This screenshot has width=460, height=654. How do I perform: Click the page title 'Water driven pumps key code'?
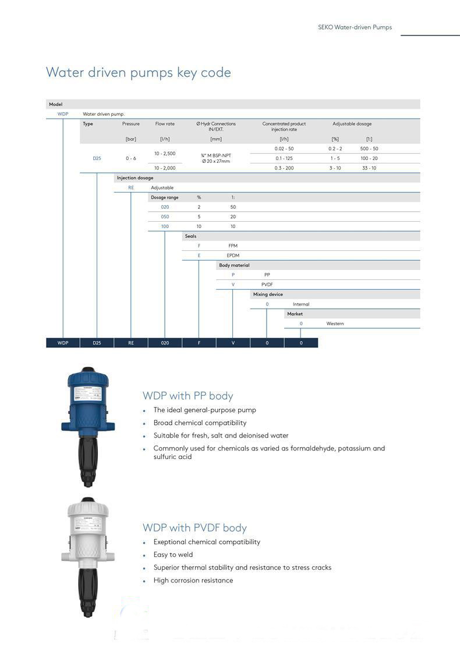coord(139,73)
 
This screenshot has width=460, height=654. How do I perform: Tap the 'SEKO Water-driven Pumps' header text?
coord(355,27)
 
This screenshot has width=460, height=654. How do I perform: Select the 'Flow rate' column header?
coord(165,124)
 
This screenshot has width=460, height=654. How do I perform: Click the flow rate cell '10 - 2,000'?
coord(165,168)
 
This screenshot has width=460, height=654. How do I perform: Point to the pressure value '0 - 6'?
coord(131,158)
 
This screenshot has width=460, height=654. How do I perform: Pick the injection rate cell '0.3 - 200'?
coord(284,168)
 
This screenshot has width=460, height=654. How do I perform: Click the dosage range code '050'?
coord(165,217)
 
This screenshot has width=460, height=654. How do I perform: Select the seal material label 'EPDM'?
coord(233,255)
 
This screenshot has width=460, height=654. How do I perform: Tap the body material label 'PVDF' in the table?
coord(267,285)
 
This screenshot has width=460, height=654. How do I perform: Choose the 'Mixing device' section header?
coord(268,294)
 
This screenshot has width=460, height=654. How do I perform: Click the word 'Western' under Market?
coord(335,324)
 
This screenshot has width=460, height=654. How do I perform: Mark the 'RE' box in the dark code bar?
coord(131,343)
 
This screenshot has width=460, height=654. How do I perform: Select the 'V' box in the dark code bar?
coord(233,343)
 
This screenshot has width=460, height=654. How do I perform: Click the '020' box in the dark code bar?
coord(165,343)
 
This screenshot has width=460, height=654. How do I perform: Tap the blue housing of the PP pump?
coord(87,401)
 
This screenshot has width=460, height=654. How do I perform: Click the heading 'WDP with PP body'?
coord(187,396)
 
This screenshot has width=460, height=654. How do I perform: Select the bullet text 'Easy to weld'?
coord(173,555)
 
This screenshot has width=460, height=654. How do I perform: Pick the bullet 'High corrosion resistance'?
coord(193,580)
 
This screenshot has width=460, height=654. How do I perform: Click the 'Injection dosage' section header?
coord(135,178)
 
